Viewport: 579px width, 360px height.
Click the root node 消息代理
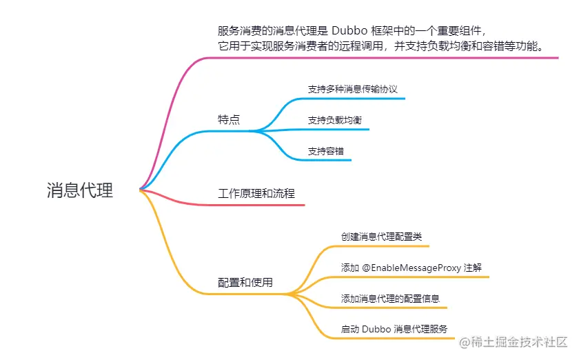tap(80, 190)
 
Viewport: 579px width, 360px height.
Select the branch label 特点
tap(229, 119)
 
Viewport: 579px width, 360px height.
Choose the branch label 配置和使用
tap(245, 283)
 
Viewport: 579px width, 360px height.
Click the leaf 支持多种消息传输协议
tap(353, 90)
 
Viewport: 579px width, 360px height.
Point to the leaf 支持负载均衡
tap(335, 120)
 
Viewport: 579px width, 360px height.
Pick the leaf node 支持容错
tap(326, 151)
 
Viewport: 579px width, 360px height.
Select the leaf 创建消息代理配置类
tap(382, 237)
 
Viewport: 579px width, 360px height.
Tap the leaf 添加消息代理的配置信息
tap(391, 299)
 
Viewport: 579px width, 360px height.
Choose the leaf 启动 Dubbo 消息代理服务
tap(395, 330)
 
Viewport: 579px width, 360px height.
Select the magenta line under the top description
tap(386, 57)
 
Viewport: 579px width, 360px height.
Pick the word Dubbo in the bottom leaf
tap(376, 330)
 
